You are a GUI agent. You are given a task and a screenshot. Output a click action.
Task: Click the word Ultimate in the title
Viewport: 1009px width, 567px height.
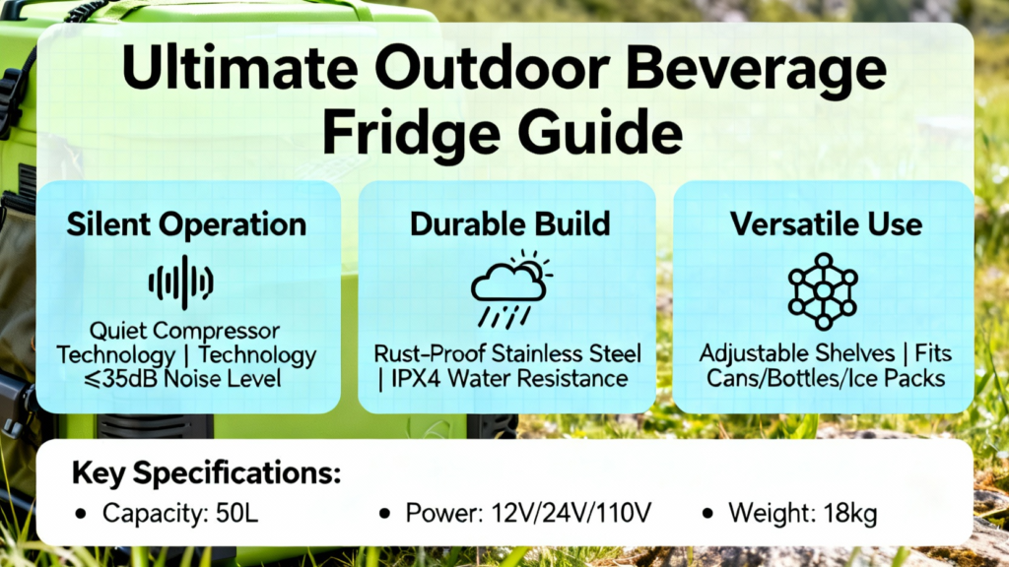(239, 68)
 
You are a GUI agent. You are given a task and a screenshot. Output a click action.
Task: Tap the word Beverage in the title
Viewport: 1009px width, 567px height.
(756, 72)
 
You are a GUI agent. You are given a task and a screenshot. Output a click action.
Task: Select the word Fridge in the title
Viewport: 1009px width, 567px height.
(411, 133)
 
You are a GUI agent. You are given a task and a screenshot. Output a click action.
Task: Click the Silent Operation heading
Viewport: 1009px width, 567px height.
(186, 224)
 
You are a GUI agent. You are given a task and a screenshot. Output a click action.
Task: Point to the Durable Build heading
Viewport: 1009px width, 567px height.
(509, 223)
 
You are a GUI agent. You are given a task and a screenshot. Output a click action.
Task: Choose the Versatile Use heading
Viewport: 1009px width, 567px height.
(826, 223)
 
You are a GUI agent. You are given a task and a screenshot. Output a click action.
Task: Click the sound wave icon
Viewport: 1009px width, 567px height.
(181, 283)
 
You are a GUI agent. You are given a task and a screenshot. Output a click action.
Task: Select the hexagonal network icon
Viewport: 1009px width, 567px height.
(823, 291)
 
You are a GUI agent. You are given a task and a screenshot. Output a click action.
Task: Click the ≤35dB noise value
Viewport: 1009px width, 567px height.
(120, 379)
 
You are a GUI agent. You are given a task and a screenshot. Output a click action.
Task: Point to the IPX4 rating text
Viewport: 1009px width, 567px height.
(415, 379)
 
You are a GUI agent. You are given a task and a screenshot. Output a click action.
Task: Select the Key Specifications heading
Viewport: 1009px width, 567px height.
(206, 473)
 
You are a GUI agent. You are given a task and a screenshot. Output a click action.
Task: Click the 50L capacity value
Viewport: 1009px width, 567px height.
(236, 513)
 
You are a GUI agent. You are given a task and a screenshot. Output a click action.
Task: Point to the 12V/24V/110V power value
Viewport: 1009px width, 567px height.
(572, 513)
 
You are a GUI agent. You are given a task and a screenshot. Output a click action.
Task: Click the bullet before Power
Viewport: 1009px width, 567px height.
(385, 514)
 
